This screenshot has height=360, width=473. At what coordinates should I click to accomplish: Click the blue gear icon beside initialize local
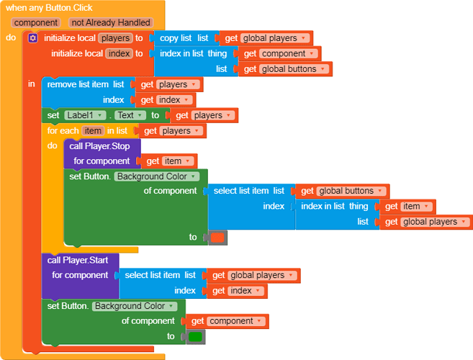tap(32, 38)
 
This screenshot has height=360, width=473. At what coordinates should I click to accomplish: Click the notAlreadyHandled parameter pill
tap(112, 22)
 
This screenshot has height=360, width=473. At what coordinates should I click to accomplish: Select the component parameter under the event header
tap(35, 22)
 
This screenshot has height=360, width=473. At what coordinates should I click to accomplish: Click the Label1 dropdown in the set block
tap(85, 115)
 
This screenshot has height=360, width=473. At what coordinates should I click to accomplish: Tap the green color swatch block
tap(195, 336)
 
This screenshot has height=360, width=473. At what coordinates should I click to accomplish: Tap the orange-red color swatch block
tap(217, 237)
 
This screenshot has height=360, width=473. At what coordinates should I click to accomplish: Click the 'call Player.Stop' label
tap(100, 146)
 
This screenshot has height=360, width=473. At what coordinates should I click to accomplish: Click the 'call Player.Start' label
tap(78, 260)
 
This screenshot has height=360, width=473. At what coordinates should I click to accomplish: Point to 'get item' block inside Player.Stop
tap(170, 161)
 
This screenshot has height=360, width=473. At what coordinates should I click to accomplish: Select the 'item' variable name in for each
tap(93, 130)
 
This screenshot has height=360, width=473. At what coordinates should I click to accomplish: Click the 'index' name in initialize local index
tap(118, 53)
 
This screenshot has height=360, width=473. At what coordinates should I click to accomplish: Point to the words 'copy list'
tap(176, 37)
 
